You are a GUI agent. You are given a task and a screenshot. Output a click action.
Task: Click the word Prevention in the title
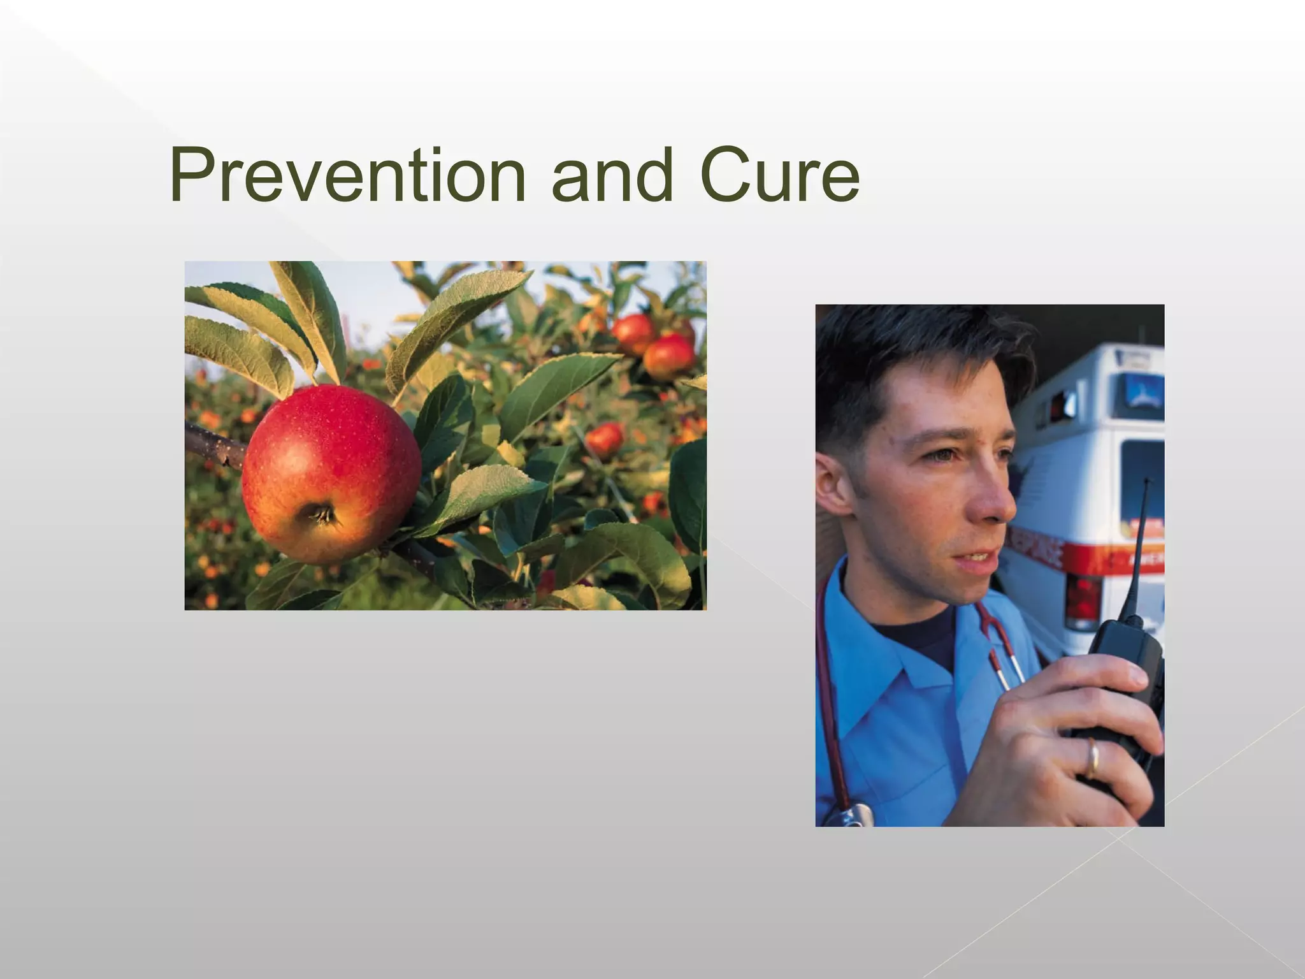click(x=347, y=175)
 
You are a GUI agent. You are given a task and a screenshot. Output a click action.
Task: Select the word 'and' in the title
click(x=612, y=175)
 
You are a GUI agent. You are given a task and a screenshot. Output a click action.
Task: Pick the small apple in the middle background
click(x=604, y=439)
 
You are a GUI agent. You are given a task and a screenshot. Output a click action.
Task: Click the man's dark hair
click(x=892, y=357)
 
